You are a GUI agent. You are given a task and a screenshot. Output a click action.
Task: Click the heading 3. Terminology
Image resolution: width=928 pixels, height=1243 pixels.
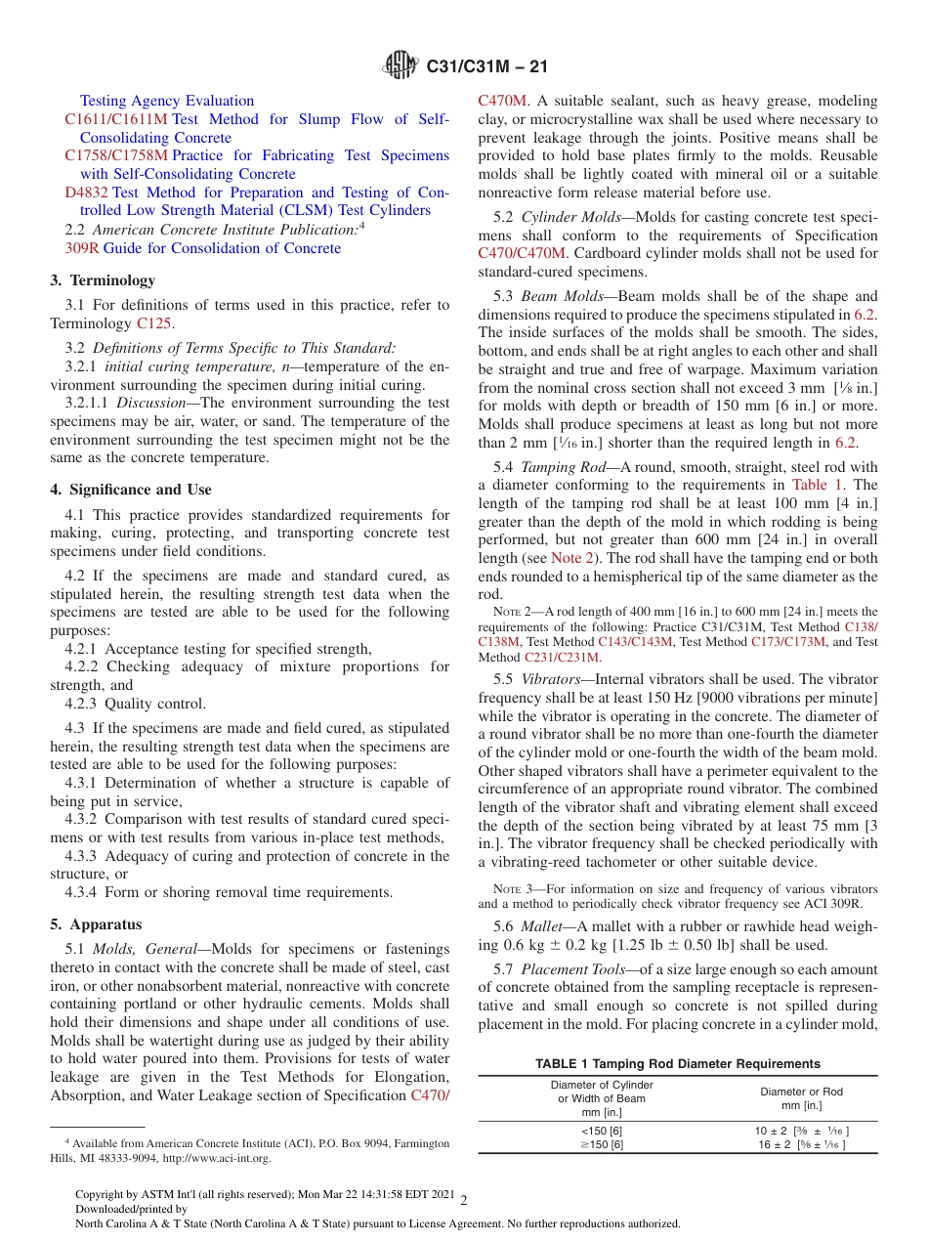pyautogui.click(x=103, y=280)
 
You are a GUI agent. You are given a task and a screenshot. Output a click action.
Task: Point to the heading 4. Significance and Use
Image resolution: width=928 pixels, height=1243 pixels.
pyautogui.click(x=131, y=490)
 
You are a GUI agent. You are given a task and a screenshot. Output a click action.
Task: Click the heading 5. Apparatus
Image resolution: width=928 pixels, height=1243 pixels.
pyautogui.click(x=96, y=924)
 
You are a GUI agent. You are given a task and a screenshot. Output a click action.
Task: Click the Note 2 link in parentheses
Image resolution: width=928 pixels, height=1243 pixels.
pyautogui.click(x=570, y=558)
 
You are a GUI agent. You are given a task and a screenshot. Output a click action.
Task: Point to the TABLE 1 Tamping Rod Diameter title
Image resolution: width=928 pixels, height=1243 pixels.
pyautogui.click(x=677, y=1063)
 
